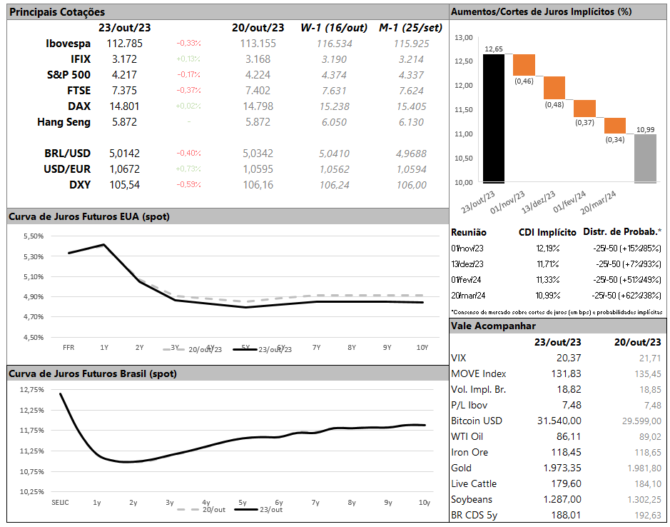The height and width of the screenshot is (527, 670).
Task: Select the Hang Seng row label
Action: (x=64, y=122)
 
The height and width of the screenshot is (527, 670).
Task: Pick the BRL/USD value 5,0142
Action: (x=125, y=154)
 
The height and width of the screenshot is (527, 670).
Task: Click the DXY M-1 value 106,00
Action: (x=411, y=185)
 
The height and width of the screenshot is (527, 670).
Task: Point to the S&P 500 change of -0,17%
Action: (x=188, y=75)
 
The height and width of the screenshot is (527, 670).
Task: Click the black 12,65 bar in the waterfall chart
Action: (x=494, y=118)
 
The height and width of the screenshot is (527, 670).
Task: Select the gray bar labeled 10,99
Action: (x=645, y=158)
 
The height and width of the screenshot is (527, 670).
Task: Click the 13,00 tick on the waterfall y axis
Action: (x=464, y=37)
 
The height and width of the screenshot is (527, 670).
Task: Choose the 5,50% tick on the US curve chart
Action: (x=34, y=236)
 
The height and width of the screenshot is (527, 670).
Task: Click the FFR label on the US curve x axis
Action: (x=68, y=347)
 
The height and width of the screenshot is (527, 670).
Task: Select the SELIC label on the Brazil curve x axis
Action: (x=61, y=503)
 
